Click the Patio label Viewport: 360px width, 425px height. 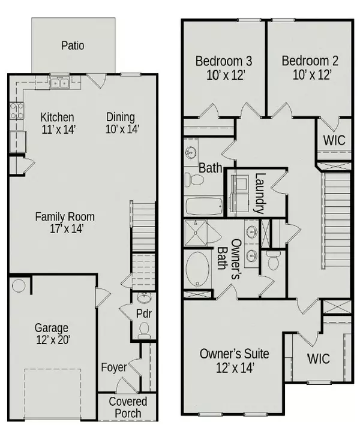pos(72,46)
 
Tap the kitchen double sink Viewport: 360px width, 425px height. pos(59,83)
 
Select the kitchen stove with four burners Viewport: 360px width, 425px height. pos(16,110)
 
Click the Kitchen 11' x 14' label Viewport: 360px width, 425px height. pos(57,123)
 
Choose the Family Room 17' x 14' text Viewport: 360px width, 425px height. pos(64,222)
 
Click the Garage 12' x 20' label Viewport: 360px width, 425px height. pos(51,334)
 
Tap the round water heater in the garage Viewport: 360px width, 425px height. pos(18,285)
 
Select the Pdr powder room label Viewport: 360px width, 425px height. pos(143,314)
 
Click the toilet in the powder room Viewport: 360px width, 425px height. pos(143,328)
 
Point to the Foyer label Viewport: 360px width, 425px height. pos(113,367)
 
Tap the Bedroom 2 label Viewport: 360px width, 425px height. pos(307,68)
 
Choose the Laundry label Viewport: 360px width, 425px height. pos(259,194)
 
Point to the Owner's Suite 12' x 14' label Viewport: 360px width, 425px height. pos(234,360)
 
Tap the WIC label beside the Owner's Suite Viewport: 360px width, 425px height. pos(319,359)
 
